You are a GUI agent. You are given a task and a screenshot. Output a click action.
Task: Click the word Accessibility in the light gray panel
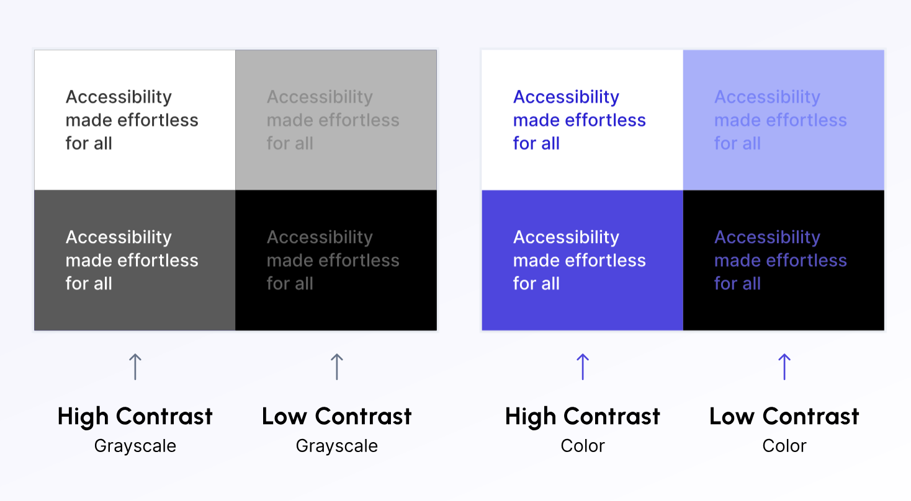[x=320, y=97]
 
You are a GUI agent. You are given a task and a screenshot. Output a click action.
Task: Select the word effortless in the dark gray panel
[x=158, y=260]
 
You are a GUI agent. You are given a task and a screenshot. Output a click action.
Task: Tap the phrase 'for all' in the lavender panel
[x=737, y=143]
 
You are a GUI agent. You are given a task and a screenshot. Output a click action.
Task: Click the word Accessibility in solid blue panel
[x=566, y=237]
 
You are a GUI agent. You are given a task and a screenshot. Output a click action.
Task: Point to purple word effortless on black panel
[x=807, y=260]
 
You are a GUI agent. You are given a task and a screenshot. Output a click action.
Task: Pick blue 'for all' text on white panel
[x=536, y=143]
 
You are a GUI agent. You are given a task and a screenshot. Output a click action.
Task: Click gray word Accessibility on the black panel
[x=320, y=237]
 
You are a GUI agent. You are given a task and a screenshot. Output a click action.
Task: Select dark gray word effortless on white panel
[x=158, y=120]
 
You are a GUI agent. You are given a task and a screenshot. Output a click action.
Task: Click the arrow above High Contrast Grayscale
[x=135, y=366]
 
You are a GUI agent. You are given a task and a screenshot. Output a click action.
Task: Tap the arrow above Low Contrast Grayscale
[x=337, y=366]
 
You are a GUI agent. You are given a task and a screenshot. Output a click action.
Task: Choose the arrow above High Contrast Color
[x=583, y=366]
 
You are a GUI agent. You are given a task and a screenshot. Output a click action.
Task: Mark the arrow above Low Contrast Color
[x=784, y=366]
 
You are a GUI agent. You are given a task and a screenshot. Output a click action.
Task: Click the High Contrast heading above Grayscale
[x=135, y=417]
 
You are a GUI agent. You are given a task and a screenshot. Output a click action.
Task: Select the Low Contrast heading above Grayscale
[x=337, y=417]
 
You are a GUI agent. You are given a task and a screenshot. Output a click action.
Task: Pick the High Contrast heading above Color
[x=583, y=417]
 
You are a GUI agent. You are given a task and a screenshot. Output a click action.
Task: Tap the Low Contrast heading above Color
[x=784, y=417]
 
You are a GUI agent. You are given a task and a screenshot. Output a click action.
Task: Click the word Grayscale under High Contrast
[x=135, y=446]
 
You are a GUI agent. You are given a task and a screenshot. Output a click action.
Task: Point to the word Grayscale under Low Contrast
[x=337, y=446]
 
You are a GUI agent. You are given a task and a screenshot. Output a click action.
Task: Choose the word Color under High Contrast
[x=583, y=446]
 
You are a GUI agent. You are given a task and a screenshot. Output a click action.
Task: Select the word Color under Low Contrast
[x=784, y=446]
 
